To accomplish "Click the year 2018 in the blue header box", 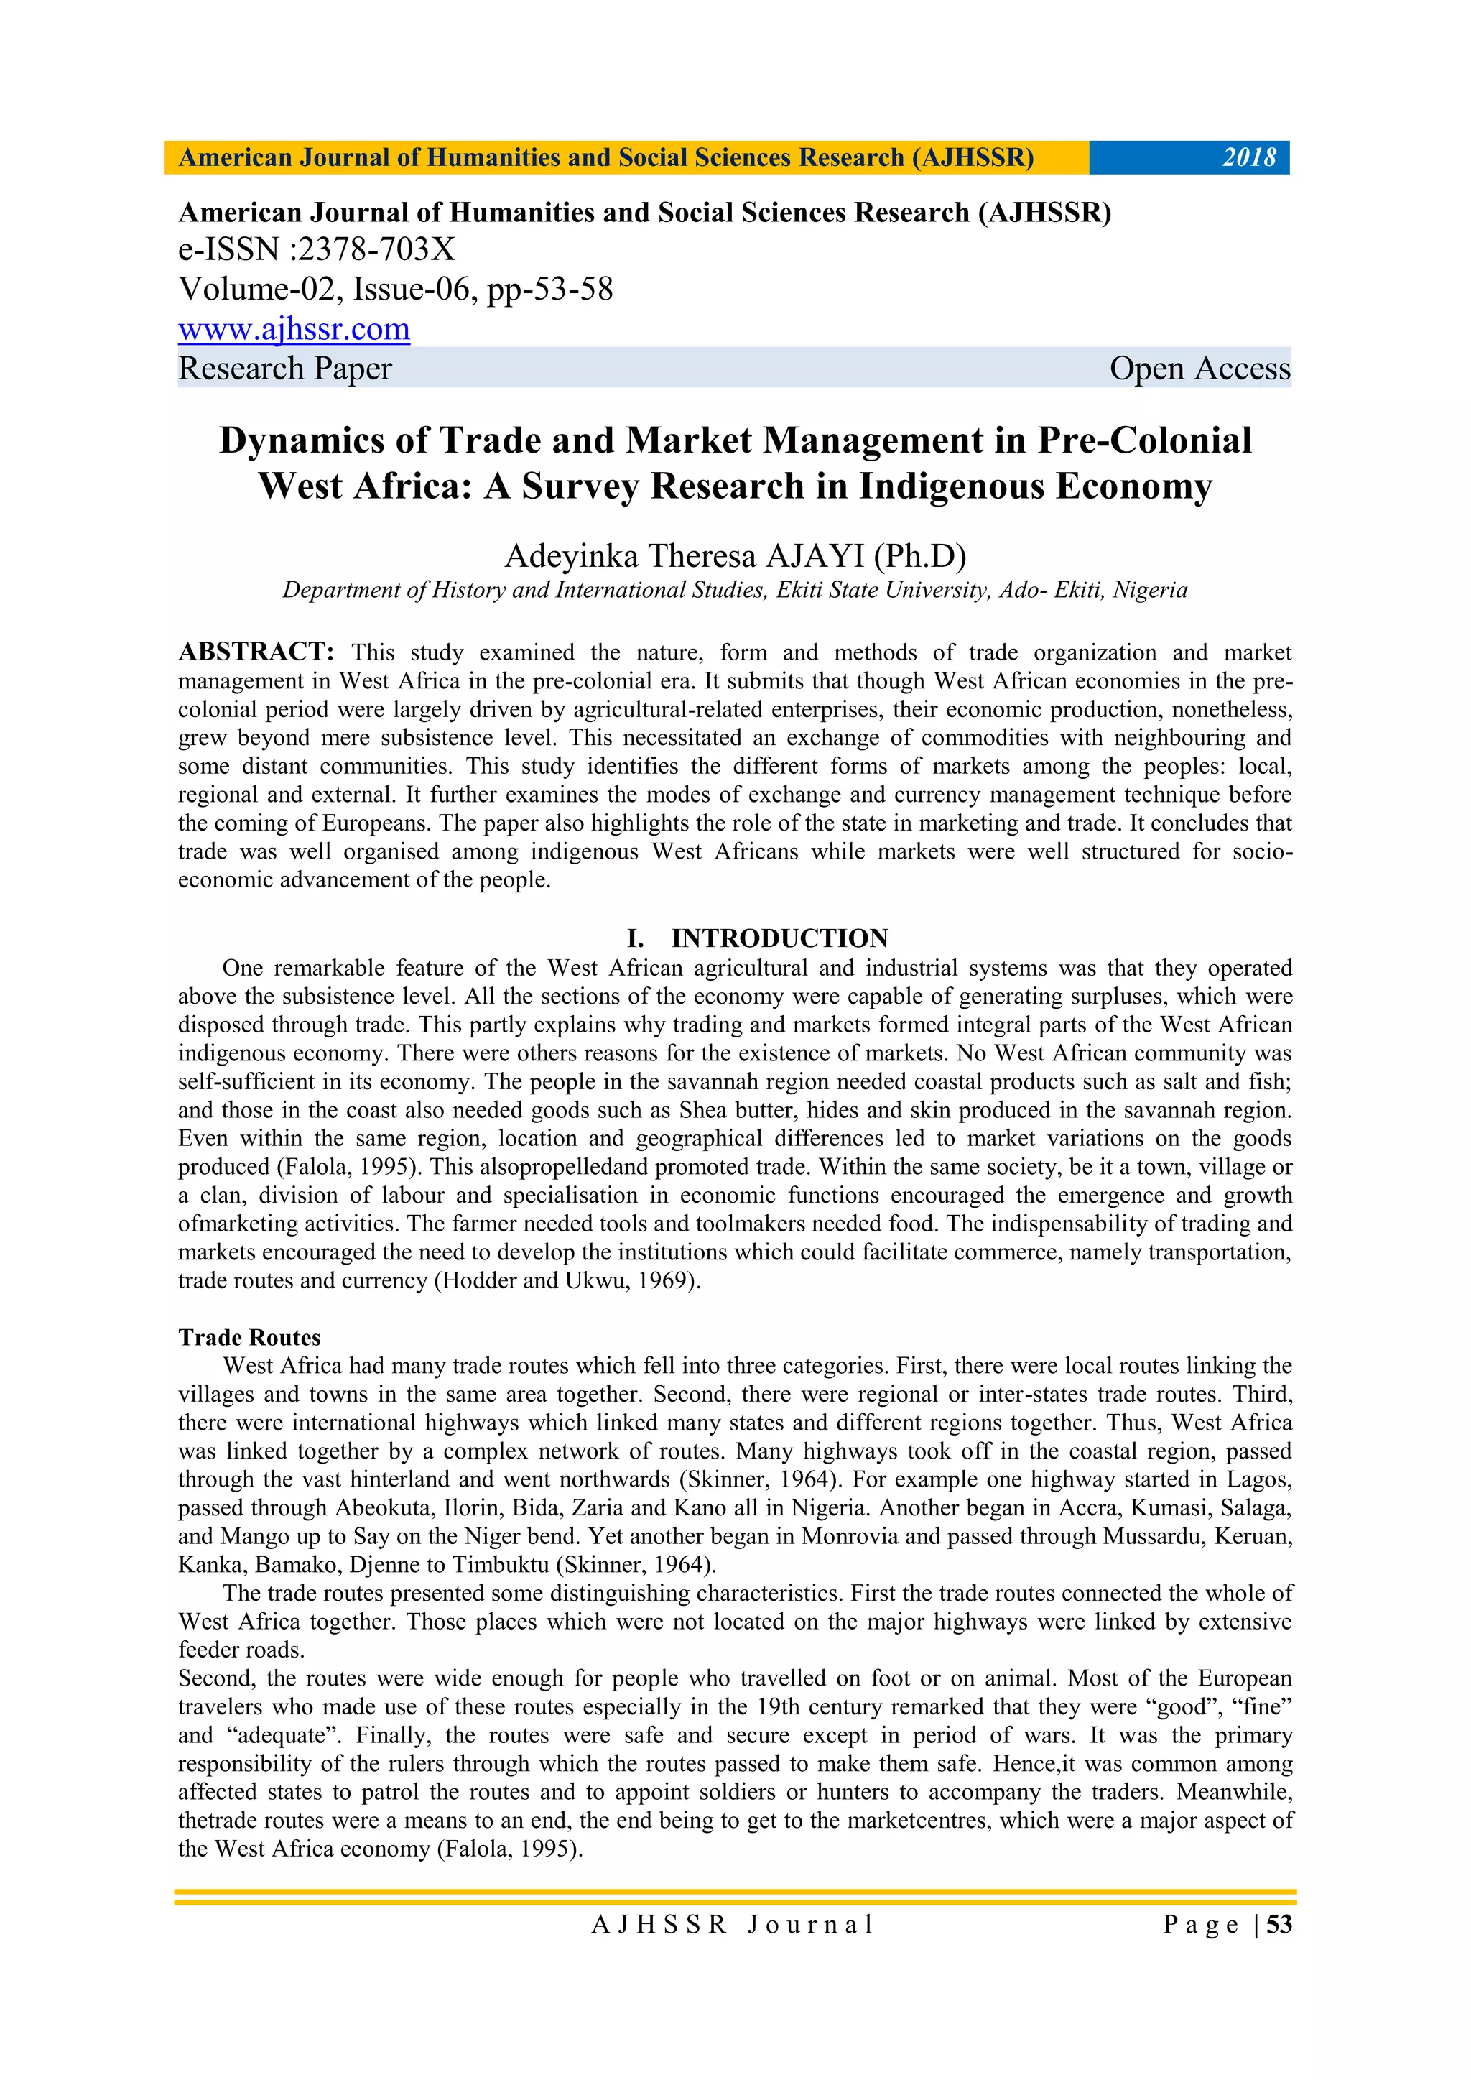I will coord(1248,157).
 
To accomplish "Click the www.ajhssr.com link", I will coord(294,329).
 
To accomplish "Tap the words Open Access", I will coord(1199,369).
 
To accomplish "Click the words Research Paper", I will coord(284,369).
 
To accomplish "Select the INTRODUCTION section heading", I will coord(779,938).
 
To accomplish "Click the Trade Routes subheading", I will coord(249,1337).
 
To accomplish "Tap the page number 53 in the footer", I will coord(1279,1925).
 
